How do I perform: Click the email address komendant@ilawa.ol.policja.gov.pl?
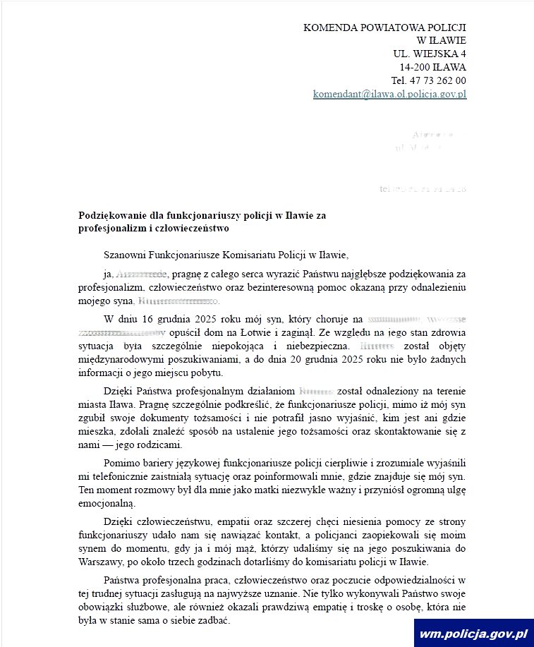(389, 94)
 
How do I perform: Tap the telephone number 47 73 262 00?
(438, 80)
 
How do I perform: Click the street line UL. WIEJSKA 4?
(429, 54)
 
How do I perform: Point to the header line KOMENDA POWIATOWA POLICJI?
(384, 28)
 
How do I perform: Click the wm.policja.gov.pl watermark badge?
(473, 634)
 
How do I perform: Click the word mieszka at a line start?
(96, 431)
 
